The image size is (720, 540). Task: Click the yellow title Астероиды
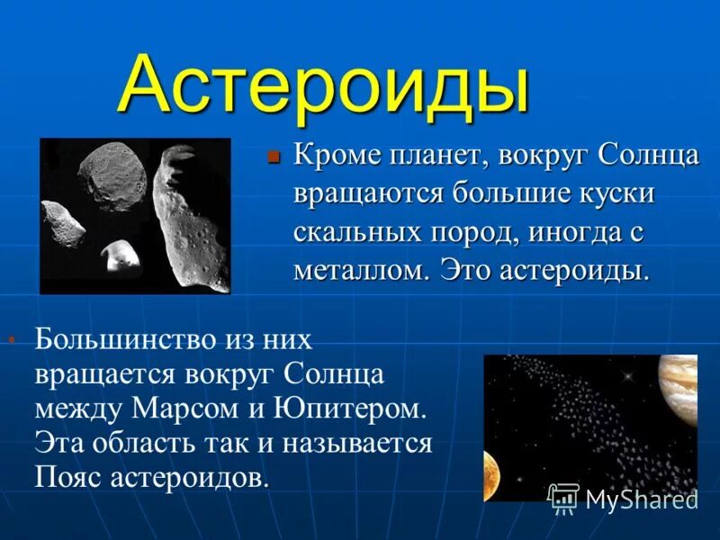click(x=323, y=85)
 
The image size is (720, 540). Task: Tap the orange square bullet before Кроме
click(x=275, y=156)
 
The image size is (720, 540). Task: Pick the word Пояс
click(x=69, y=477)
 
